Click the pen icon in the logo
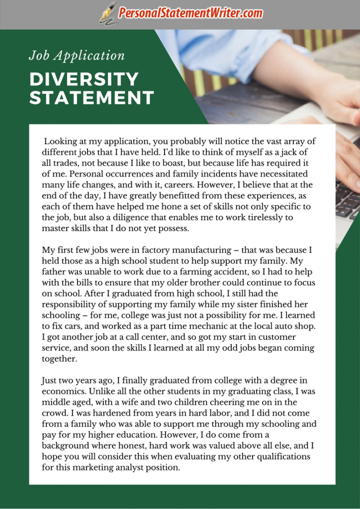[x=107, y=13]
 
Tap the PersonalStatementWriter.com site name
[x=190, y=13]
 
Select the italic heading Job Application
[x=77, y=56]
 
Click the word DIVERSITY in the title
[x=84, y=79]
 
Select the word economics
[x=63, y=392]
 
